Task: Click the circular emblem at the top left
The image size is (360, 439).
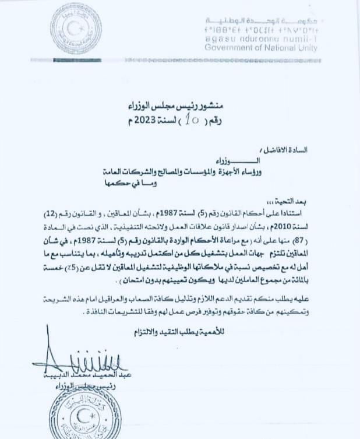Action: tap(76, 29)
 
